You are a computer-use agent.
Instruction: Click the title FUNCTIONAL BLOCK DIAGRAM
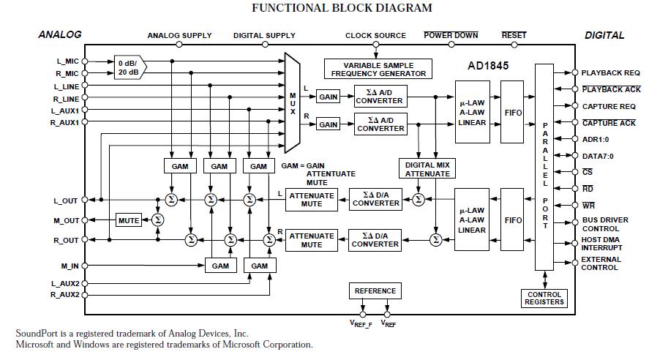[342, 8]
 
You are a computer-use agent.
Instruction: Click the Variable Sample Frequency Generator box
[378, 70]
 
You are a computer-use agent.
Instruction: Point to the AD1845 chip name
[488, 65]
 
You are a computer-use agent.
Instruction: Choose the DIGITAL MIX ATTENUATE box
[427, 169]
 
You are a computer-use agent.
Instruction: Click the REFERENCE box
[375, 291]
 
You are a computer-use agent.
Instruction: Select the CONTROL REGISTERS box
[544, 299]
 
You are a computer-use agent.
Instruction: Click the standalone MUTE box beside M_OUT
[129, 220]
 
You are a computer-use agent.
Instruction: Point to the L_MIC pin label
[66, 61]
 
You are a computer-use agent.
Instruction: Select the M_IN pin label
[70, 266]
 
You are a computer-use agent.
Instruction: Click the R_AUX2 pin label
[64, 295]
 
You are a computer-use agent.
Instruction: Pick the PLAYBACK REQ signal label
[610, 73]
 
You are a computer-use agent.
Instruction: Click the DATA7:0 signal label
[598, 155]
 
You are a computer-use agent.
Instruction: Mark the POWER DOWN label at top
[451, 35]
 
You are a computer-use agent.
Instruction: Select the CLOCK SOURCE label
[375, 35]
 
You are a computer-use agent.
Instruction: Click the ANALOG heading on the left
[60, 34]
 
